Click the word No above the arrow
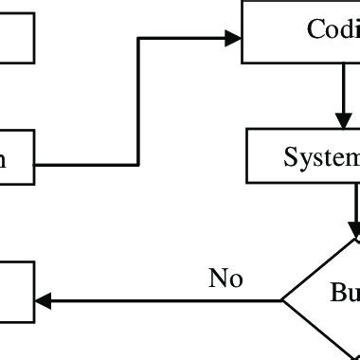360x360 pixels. coord(225,279)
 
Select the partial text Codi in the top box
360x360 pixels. coord(333,29)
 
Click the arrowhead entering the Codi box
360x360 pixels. coord(233,39)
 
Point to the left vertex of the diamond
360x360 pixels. coord(282,301)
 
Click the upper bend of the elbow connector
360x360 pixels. coord(139,39)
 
